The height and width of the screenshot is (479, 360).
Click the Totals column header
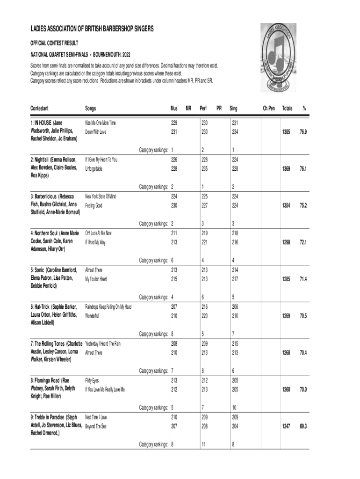tap(287, 109)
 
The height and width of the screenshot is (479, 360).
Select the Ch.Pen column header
tap(268, 109)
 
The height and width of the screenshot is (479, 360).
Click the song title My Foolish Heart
tap(96, 279)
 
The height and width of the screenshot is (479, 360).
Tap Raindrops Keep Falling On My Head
tap(108, 307)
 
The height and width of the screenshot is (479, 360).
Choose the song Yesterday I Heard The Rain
tap(103, 344)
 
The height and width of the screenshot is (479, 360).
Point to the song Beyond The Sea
tap(95, 426)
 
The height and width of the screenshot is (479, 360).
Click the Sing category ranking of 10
tap(233, 407)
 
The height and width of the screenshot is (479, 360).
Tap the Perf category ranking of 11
tap(203, 444)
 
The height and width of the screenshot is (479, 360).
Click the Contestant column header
tap(40, 109)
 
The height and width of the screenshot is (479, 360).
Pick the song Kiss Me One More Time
tap(100, 123)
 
